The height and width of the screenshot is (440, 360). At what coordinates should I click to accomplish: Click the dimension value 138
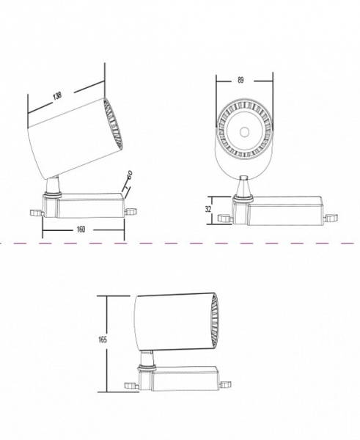(57, 96)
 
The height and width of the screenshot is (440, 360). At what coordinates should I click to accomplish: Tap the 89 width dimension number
(240, 80)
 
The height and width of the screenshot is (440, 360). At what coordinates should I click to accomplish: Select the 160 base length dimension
(81, 230)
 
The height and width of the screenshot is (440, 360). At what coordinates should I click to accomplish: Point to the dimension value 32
(208, 209)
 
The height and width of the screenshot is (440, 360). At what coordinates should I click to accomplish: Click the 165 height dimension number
(103, 340)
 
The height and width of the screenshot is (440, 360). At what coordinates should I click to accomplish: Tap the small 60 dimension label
(130, 175)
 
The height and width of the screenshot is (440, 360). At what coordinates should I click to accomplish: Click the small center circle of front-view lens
(245, 132)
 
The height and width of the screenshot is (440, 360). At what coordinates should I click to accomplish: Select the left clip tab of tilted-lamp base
(36, 213)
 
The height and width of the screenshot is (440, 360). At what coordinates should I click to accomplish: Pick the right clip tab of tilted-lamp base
(131, 212)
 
